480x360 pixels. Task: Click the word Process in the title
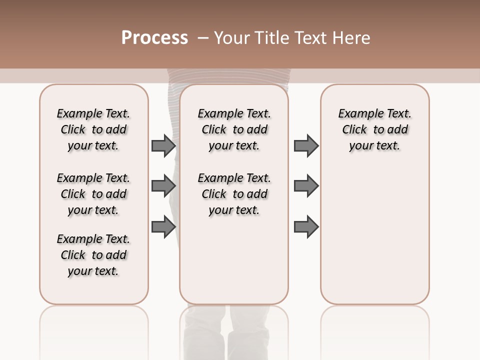point(154,37)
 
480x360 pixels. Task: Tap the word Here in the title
point(352,38)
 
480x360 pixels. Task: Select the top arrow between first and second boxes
point(163,145)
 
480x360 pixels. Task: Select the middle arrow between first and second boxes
point(163,186)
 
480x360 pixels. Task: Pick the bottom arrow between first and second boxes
point(163,226)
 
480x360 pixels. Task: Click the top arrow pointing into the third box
point(306,145)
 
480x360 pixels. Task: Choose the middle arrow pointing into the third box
point(306,186)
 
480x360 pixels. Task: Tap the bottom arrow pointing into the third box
point(306,226)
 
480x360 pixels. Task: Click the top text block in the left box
point(93,129)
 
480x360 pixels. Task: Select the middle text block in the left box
point(93,194)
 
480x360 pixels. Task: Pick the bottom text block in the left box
point(93,255)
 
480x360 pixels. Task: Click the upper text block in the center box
point(234,129)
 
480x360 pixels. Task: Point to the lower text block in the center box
point(234,194)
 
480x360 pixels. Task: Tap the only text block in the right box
point(375,129)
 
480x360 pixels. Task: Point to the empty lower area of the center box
point(234,260)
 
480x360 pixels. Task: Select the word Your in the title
point(232,38)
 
